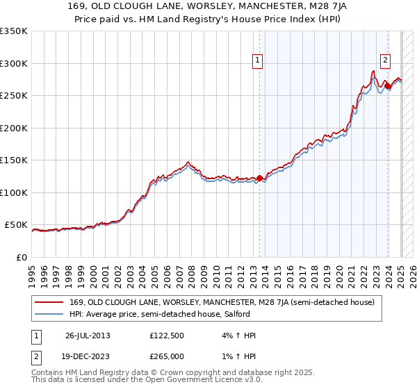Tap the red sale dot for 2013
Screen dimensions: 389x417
point(260,179)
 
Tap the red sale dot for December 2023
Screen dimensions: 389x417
point(388,86)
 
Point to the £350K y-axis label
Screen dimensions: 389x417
point(14,31)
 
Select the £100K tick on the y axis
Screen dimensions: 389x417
point(14,192)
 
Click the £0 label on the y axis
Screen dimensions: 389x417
point(22,257)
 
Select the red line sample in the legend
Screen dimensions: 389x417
point(50,302)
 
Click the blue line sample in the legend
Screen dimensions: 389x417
point(50,314)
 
